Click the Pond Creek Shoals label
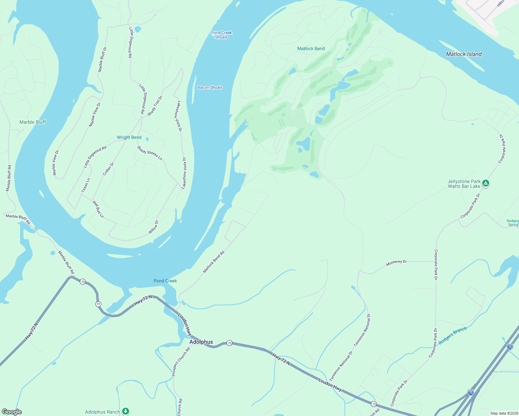(221, 35)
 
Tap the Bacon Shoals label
(210, 87)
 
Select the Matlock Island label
(464, 54)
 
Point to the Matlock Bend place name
(311, 49)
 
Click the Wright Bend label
(129, 137)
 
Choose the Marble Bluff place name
(33, 122)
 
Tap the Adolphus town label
(201, 342)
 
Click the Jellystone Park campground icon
(486, 183)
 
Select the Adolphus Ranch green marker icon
(126, 411)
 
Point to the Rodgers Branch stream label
(452, 336)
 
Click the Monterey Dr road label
(396, 263)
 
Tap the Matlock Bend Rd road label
(214, 262)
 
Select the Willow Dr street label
(153, 227)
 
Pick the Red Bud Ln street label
(98, 209)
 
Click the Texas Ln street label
(86, 185)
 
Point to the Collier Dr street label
(108, 169)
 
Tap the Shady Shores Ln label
(150, 153)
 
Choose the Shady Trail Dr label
(155, 106)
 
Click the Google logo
(11, 412)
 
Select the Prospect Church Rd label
(181, 362)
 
